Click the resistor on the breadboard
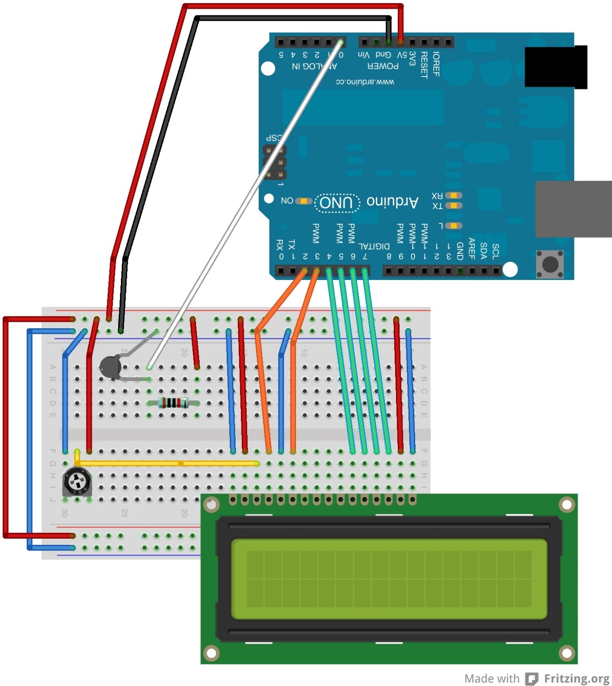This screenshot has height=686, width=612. (x=173, y=403)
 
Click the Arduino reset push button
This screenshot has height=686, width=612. (x=550, y=264)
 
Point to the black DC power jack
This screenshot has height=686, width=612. (x=555, y=66)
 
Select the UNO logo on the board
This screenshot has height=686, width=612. (x=337, y=202)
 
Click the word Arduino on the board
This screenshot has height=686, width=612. (x=392, y=202)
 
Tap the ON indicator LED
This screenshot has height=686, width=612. (x=303, y=201)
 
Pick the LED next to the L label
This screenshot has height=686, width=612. (x=453, y=225)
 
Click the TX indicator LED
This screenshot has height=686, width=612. (x=453, y=205)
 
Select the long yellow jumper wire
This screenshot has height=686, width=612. (x=168, y=463)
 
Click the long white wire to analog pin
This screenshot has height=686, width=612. (x=246, y=205)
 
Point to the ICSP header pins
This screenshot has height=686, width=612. (x=275, y=162)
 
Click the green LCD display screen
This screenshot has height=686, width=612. (x=389, y=579)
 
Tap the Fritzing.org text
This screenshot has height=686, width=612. (x=576, y=678)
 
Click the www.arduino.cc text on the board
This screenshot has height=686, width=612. (x=365, y=82)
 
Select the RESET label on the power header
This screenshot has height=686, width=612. (x=424, y=65)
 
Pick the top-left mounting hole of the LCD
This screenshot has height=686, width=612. (x=211, y=504)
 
